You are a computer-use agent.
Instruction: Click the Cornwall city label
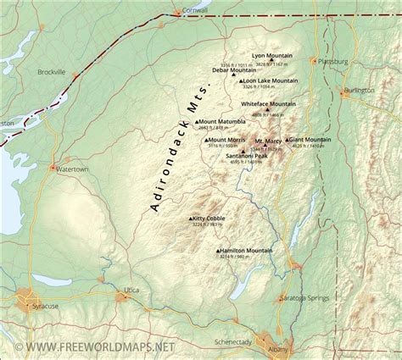(x=194, y=11)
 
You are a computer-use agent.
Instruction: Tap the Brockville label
(x=52, y=72)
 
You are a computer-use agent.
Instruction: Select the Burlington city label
(x=359, y=90)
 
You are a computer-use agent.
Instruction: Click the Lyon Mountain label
(x=272, y=56)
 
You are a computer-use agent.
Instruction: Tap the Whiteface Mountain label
(x=268, y=103)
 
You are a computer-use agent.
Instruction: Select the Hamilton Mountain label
(x=247, y=251)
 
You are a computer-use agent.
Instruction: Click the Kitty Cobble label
(x=209, y=218)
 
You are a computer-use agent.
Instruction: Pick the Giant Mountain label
(x=310, y=139)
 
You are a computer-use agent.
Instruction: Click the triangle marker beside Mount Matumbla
(x=197, y=121)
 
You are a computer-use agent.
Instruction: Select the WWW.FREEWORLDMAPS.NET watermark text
(x=87, y=346)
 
